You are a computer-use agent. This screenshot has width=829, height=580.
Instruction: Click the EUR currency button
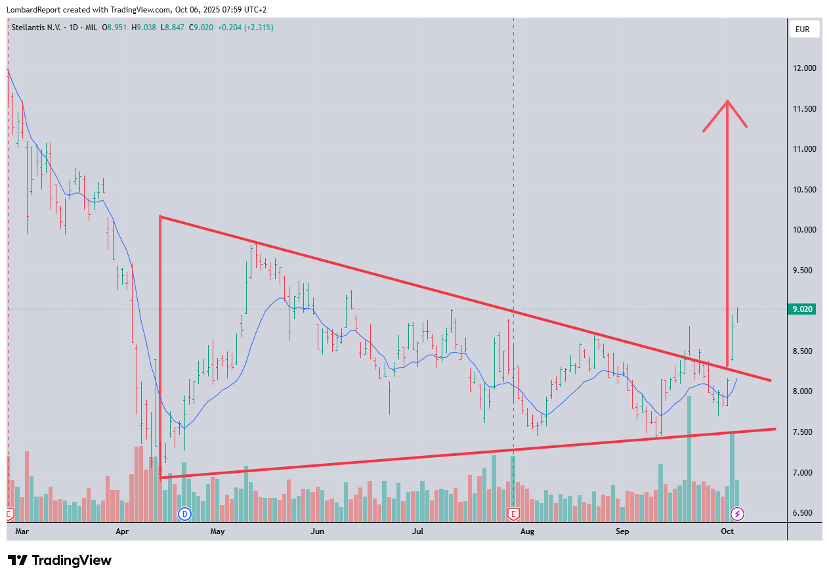tap(802, 29)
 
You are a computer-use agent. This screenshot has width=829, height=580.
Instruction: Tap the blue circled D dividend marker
tap(184, 514)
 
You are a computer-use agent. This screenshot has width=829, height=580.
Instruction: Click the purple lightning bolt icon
tap(738, 514)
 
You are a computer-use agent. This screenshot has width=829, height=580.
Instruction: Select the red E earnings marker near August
tap(513, 514)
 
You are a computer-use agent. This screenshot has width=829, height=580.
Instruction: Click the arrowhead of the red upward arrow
tap(727, 102)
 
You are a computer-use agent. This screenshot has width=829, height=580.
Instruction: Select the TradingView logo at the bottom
tap(60, 560)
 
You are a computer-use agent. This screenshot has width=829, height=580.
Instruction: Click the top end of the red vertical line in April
tap(159, 217)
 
